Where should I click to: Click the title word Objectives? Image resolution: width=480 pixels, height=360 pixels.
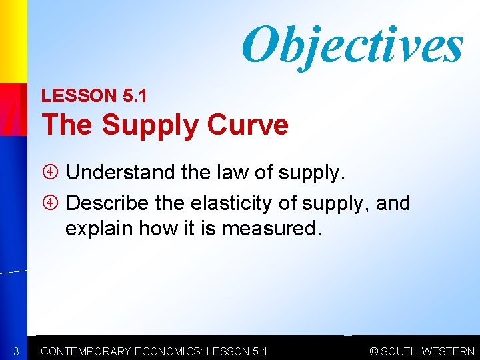click(x=352, y=45)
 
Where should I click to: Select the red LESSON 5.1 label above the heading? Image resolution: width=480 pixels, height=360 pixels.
click(x=94, y=96)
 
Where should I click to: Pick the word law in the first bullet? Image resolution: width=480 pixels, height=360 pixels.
click(x=226, y=173)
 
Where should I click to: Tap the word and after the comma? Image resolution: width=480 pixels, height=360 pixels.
click(x=393, y=202)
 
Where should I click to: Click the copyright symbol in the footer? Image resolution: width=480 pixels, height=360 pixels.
click(x=374, y=351)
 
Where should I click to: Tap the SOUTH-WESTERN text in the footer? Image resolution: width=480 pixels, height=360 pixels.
click(x=427, y=351)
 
